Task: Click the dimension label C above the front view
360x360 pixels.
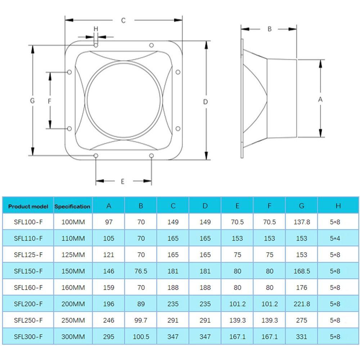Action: pyautogui.click(x=123, y=21)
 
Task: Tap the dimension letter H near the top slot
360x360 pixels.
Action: pyautogui.click(x=96, y=29)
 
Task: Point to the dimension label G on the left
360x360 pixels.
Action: pyautogui.click(x=32, y=101)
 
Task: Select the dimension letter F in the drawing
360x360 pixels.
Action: pyautogui.click(x=50, y=101)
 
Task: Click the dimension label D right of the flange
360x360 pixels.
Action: pyautogui.click(x=206, y=102)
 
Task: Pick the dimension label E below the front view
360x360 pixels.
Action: pyautogui.click(x=122, y=181)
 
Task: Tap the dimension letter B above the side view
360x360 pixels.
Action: pyautogui.click(x=269, y=29)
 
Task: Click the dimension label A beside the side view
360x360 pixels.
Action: pyautogui.click(x=320, y=100)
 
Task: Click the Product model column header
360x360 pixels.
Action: pyautogui.click(x=28, y=206)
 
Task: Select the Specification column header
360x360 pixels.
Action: pyautogui.click(x=72, y=206)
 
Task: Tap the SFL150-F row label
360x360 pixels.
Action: pyautogui.click(x=28, y=271)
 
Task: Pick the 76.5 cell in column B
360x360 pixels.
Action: pyautogui.click(x=141, y=271)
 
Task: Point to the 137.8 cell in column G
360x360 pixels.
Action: pyautogui.click(x=302, y=222)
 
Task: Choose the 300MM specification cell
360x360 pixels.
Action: pyautogui.click(x=73, y=337)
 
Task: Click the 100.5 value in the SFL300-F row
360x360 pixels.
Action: pyautogui.click(x=141, y=337)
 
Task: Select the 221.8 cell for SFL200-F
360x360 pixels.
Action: pyautogui.click(x=302, y=304)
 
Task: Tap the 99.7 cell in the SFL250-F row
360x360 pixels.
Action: pyautogui.click(x=141, y=320)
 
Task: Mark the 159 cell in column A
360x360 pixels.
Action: pyautogui.click(x=109, y=288)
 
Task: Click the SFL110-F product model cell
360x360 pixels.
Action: pyautogui.click(x=28, y=238)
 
